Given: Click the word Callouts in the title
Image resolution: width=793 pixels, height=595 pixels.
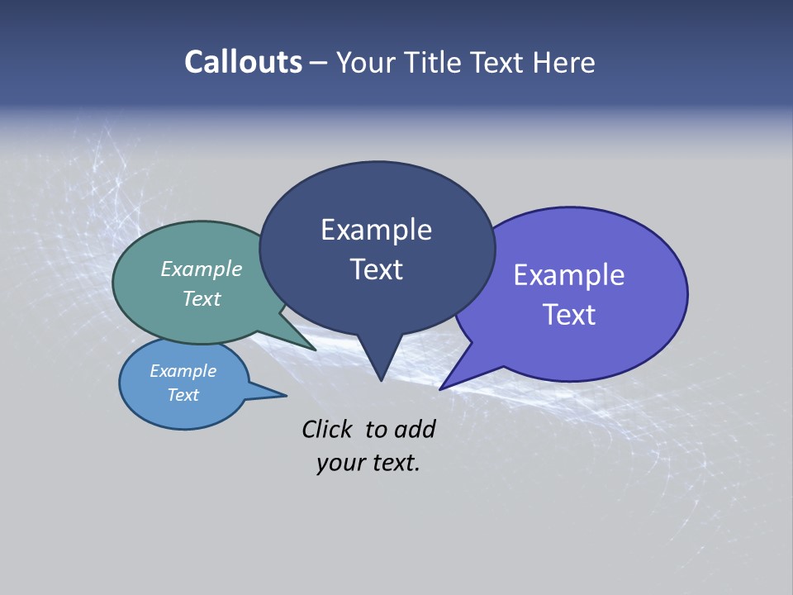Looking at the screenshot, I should (243, 62).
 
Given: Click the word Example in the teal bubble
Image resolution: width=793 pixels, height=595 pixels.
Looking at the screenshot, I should (201, 269).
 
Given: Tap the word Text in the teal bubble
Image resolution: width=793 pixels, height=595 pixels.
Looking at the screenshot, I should (201, 298).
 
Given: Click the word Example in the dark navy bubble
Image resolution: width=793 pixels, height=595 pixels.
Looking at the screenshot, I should (376, 230).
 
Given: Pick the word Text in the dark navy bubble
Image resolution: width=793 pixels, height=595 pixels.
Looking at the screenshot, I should (376, 269).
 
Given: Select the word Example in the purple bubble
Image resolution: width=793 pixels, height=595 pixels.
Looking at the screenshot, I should (569, 274).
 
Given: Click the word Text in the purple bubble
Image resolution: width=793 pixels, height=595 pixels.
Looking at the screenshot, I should (569, 315).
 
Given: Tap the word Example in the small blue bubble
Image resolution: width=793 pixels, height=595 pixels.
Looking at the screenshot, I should (183, 371).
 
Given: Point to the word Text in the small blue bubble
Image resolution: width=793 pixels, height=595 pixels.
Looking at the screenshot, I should (183, 395).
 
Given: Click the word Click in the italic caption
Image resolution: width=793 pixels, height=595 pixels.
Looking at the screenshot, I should (327, 429).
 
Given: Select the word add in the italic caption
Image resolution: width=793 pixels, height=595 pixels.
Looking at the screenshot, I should (415, 429).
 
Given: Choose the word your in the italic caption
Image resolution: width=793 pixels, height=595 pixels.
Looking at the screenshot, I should (339, 463).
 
